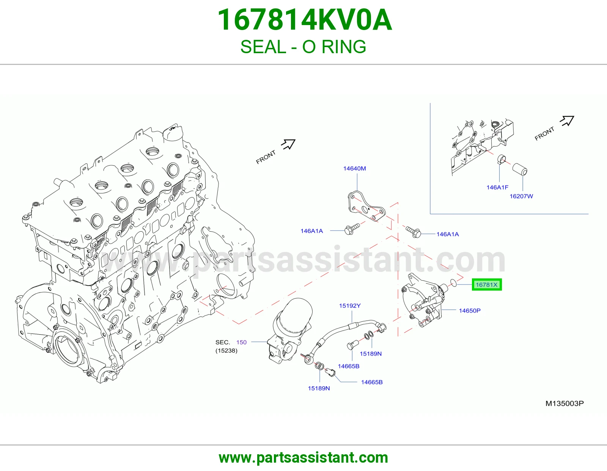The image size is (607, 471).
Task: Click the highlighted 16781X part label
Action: [x=487, y=285]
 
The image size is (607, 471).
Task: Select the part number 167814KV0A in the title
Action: [x=305, y=20]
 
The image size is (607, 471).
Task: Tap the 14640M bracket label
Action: [x=354, y=168]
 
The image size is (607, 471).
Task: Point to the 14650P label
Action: [x=470, y=310]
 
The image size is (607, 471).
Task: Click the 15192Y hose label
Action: [x=350, y=306]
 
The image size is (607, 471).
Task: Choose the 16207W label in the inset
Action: [x=521, y=196]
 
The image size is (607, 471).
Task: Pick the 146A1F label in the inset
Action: [x=497, y=187]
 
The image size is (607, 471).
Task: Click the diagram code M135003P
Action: [x=565, y=403]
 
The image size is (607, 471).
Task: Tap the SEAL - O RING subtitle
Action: [x=303, y=47]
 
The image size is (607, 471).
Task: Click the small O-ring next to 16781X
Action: [x=453, y=283]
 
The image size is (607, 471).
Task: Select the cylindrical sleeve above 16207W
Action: [x=520, y=169]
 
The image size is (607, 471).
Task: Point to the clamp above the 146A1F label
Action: [x=502, y=160]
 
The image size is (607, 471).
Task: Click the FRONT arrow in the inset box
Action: [x=567, y=121]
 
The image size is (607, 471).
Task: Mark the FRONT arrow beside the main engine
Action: [x=288, y=144]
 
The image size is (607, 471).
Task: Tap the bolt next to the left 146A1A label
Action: [x=352, y=229]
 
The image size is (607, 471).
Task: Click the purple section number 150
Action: [x=241, y=342]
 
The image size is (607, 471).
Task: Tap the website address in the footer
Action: [x=303, y=458]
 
